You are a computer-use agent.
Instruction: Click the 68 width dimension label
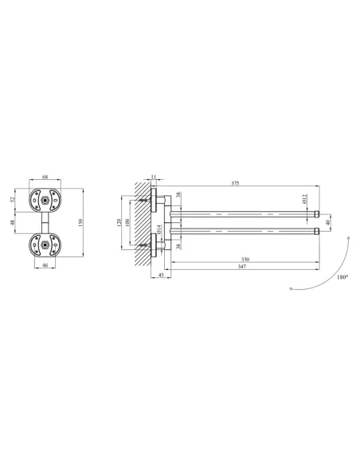tap(45, 177)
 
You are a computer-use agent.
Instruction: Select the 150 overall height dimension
tap(80, 222)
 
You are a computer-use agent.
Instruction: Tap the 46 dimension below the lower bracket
tap(45, 265)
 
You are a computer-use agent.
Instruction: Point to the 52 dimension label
tap(13, 200)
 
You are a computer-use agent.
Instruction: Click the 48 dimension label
tap(13, 222)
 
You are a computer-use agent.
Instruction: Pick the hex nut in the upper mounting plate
tap(45, 200)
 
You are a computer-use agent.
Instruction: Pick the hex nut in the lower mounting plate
tap(45, 245)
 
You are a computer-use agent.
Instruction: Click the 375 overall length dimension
tap(235, 183)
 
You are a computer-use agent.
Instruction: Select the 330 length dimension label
tap(245, 260)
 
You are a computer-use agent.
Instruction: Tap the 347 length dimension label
tap(242, 266)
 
